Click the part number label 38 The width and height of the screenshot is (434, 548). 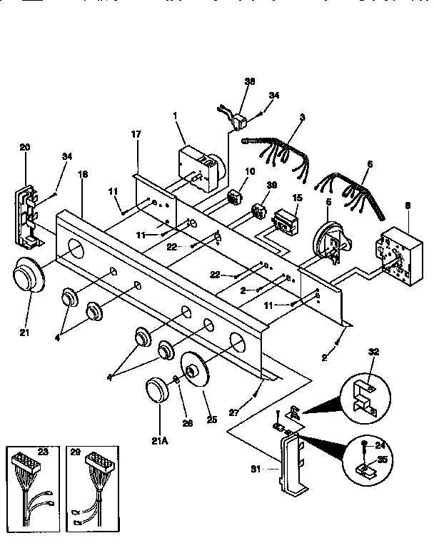click(x=250, y=82)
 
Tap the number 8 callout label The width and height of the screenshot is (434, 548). click(x=407, y=206)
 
